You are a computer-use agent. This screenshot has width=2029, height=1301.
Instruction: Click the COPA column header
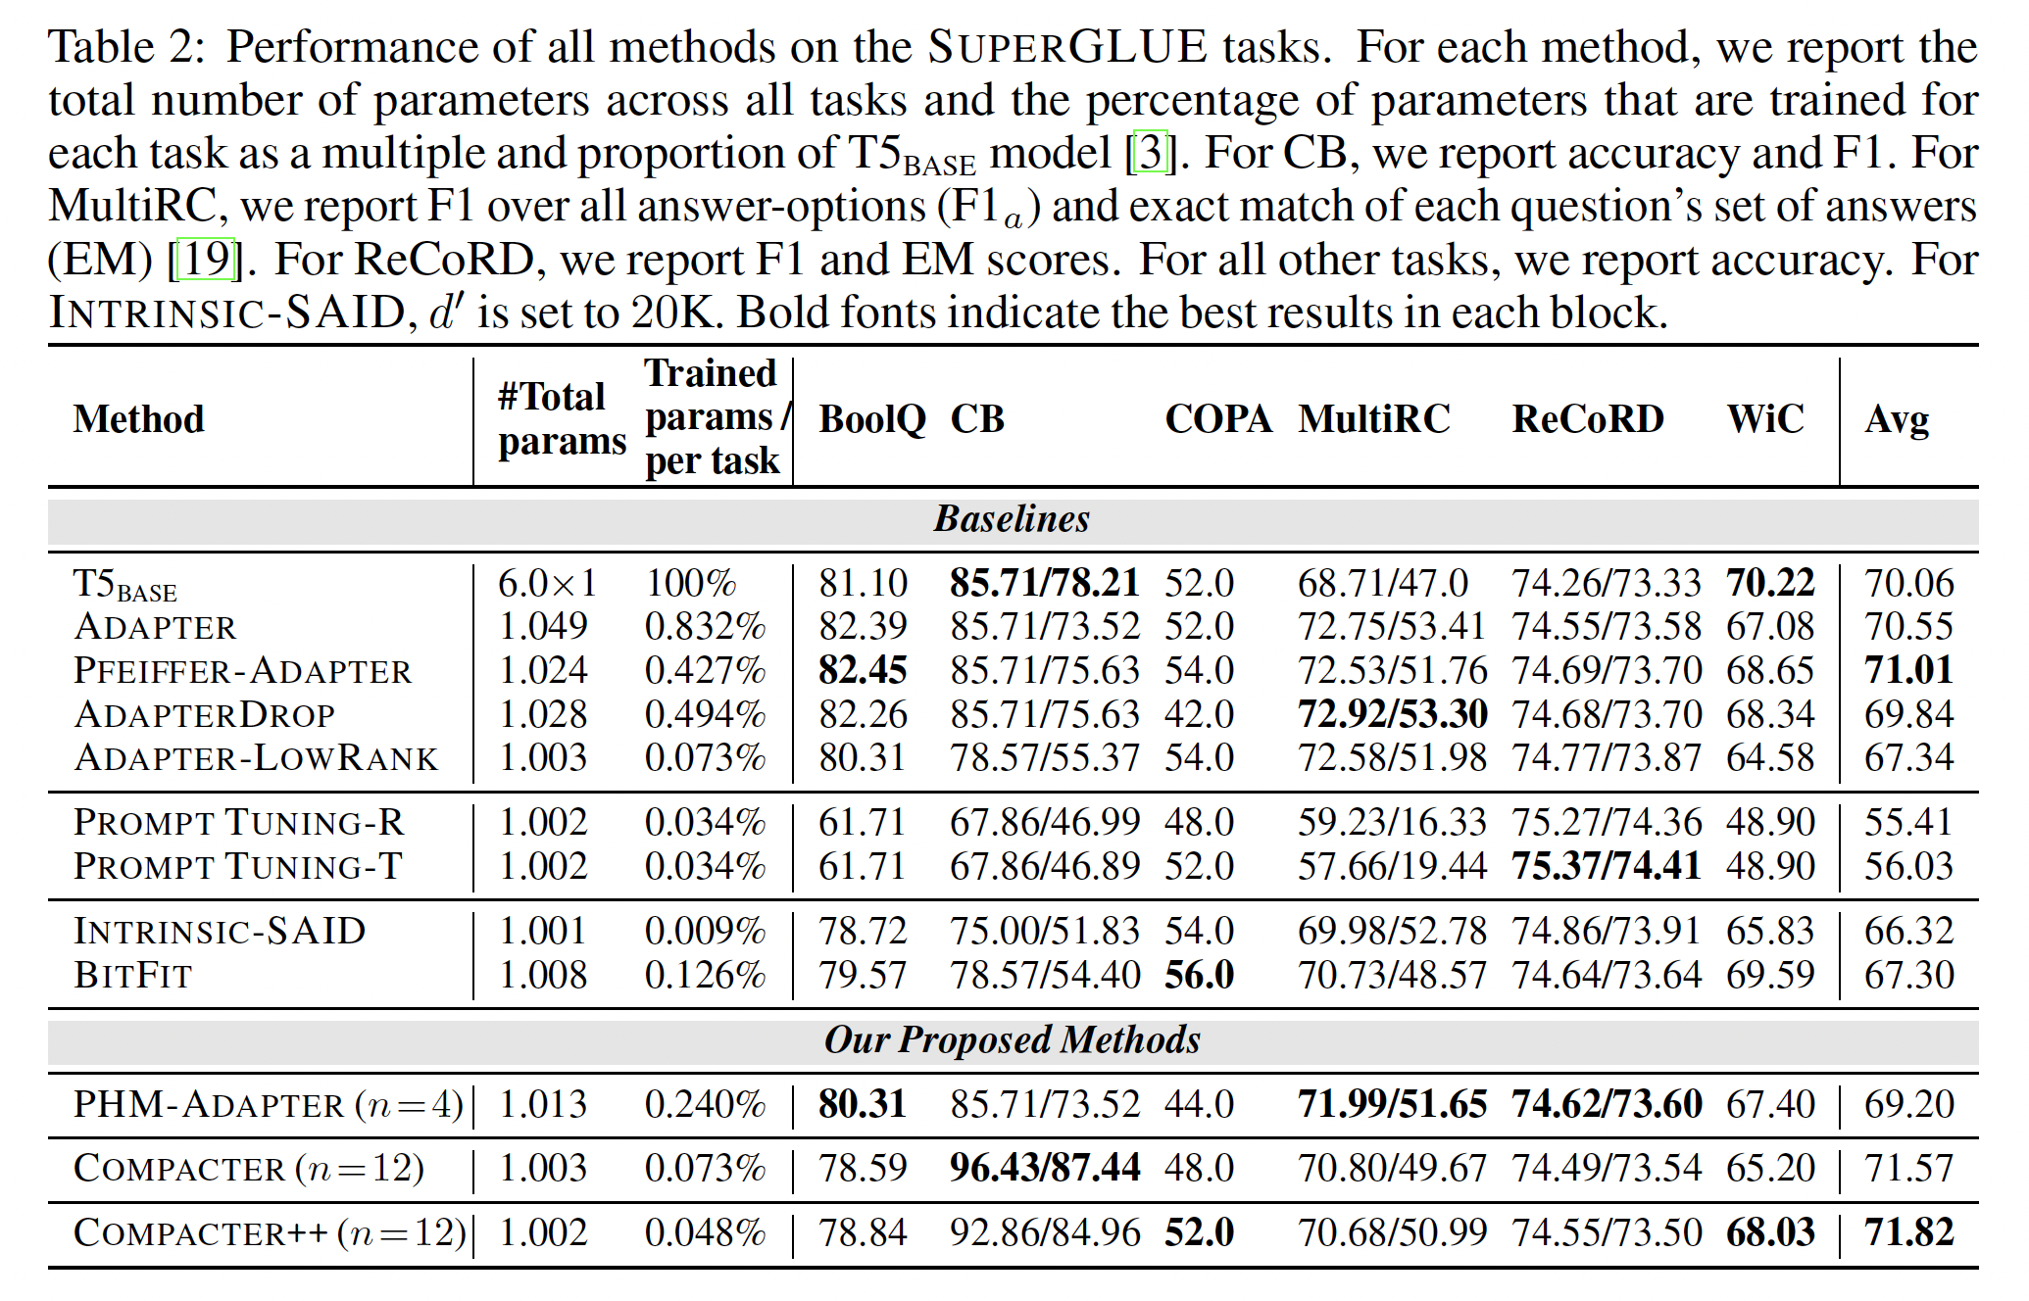[x=1217, y=419]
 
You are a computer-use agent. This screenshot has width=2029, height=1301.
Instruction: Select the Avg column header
[x=1897, y=420]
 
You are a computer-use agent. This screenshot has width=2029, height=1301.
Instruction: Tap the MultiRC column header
[x=1374, y=419]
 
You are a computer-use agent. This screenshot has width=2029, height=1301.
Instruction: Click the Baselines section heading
[x=1012, y=519]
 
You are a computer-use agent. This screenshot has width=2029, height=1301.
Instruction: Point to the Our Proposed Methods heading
[x=1012, y=1040]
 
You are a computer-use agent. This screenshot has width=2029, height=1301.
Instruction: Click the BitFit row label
[x=133, y=975]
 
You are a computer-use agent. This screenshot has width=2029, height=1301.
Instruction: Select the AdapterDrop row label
[x=205, y=714]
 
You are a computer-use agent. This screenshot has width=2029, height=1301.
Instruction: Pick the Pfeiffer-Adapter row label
[x=243, y=671]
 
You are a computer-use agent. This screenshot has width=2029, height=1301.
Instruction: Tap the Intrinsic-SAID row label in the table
[x=220, y=931]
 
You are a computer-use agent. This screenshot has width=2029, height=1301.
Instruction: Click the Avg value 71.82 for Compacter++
[x=1908, y=1232]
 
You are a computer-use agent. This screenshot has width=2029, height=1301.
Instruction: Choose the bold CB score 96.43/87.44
[x=1044, y=1168]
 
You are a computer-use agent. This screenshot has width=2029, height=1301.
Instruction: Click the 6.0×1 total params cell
[x=548, y=584]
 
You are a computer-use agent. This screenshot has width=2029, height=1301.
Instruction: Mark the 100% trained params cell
[x=691, y=584]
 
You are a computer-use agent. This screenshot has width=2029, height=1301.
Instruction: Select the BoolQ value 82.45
[x=863, y=671]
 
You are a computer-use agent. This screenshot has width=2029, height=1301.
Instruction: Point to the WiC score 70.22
[x=1770, y=584]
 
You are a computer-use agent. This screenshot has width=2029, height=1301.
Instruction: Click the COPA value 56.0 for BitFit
[x=1199, y=975]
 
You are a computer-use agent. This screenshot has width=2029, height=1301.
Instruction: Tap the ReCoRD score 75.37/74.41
[x=1606, y=866]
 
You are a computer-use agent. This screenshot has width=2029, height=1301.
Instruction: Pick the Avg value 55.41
[x=1908, y=823]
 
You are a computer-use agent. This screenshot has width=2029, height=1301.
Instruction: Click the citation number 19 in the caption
[x=206, y=259]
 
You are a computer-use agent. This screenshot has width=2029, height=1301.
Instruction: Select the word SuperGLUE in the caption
[x=1067, y=47]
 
